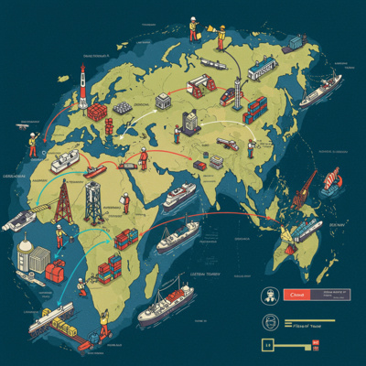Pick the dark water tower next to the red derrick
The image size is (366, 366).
click(93, 203)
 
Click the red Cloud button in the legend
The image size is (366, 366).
click(296, 295)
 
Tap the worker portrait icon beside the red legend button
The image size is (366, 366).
click(271, 295)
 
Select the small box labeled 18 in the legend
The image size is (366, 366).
click(268, 344)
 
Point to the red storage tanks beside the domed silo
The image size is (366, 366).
click(56, 271)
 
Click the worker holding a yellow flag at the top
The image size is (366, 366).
click(194, 27)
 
